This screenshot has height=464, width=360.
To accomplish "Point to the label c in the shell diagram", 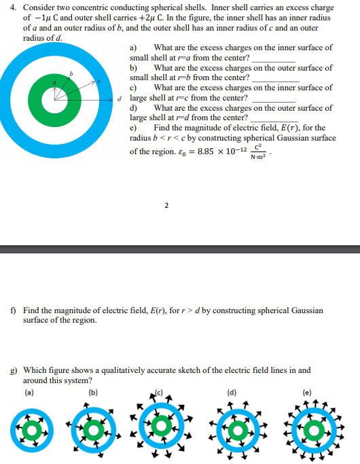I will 99,82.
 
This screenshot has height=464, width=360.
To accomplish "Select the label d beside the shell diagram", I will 120,99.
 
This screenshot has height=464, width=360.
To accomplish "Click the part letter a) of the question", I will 134,48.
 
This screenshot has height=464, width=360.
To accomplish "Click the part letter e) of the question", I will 134,128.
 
